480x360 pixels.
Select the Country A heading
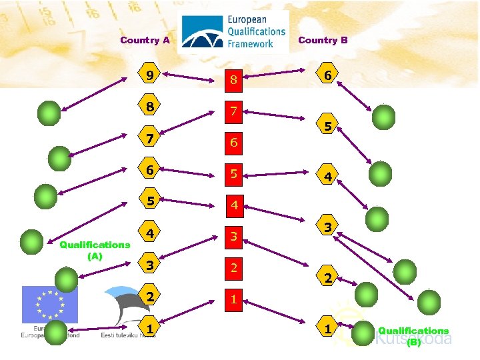145,40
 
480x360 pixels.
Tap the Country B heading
323,40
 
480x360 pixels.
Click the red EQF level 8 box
234,81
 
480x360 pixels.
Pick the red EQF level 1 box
234,299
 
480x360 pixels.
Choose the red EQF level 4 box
234,206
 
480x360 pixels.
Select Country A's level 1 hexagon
151,329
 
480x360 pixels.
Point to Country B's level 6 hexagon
327,75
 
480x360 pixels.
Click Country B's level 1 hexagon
327,329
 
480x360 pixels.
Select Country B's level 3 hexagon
327,227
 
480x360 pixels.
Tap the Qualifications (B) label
413,336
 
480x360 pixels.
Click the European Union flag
50,305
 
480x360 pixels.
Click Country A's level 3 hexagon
151,265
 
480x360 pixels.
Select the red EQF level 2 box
234,268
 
